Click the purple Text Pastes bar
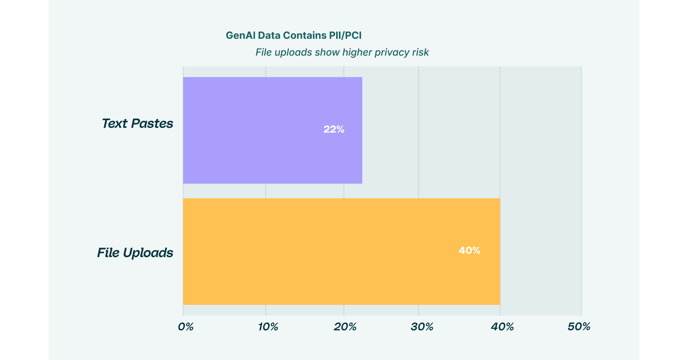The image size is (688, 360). (272, 130)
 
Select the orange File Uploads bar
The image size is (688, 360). (342, 251)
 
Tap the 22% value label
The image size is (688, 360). (334, 129)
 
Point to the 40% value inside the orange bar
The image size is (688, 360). (469, 251)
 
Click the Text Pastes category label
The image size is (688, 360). (137, 124)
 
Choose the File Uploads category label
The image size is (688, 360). (135, 253)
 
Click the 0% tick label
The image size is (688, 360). (186, 327)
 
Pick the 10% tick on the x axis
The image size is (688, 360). (268, 327)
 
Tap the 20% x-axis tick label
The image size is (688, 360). (345, 327)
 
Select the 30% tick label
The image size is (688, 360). (422, 327)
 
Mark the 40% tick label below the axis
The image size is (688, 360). (502, 327)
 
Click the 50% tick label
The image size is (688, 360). (579, 327)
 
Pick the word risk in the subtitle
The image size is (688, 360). (420, 53)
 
